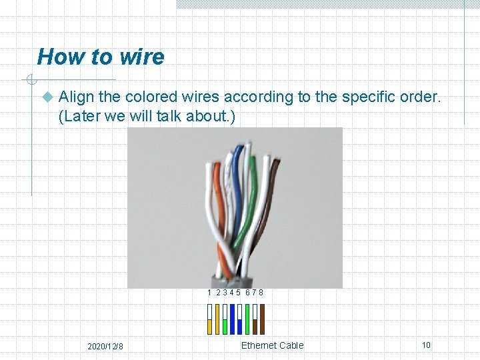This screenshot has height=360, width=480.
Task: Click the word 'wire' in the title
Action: point(139,57)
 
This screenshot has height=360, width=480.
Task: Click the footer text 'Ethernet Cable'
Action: point(272,345)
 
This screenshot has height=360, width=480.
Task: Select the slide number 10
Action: point(426,345)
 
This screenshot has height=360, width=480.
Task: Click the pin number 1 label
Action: point(209,293)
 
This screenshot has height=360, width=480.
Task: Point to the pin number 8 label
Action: point(261,293)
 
